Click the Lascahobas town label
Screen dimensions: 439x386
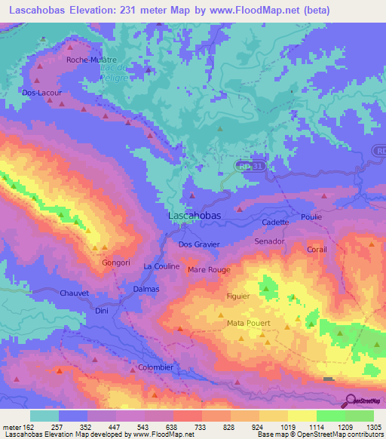point(193,216)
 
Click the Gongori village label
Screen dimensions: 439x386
point(117,262)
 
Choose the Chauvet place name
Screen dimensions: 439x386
point(74,293)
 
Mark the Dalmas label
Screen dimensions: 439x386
point(146,289)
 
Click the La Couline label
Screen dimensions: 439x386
point(161,266)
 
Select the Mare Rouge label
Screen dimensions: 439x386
point(209,269)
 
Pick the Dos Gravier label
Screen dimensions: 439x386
point(199,244)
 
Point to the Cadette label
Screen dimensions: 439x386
point(275,223)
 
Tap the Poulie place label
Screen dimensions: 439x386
point(311,217)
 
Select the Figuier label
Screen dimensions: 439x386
point(238,296)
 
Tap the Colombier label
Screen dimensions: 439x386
point(156,367)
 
